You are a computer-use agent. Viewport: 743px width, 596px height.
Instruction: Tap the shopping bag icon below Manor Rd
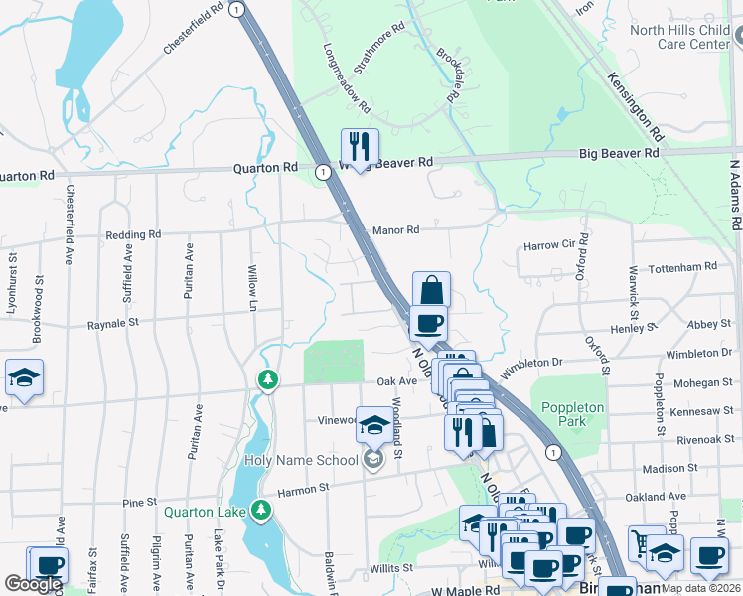click(x=431, y=290)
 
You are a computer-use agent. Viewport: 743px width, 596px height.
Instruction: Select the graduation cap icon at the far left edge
click(x=24, y=377)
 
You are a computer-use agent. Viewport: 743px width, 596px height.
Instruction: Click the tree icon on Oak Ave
click(x=267, y=379)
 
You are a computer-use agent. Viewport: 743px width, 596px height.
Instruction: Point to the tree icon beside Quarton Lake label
click(x=261, y=511)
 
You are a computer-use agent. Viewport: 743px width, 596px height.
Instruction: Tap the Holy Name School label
click(x=301, y=460)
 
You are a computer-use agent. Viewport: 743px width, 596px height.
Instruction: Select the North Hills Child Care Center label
click(x=680, y=37)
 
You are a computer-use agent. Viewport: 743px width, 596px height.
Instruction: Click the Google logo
click(x=33, y=584)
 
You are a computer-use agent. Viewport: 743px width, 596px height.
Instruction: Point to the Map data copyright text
click(x=700, y=588)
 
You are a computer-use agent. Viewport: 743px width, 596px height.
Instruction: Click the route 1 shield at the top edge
click(x=236, y=9)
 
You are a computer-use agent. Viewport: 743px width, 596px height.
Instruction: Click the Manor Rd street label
click(x=395, y=230)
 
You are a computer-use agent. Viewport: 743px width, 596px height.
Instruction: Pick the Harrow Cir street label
click(x=549, y=245)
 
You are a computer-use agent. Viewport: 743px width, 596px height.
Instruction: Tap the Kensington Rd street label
click(x=636, y=105)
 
